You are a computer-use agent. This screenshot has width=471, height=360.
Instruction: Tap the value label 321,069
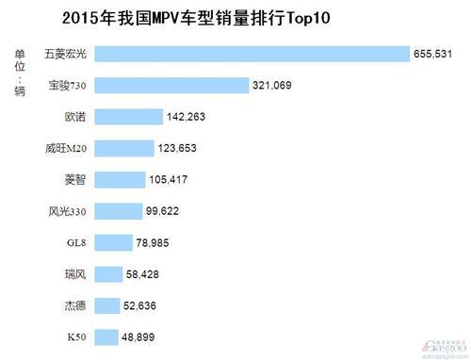pyautogui.click(x=273, y=86)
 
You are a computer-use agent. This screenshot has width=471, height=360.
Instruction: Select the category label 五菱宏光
pyautogui.click(x=66, y=55)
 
